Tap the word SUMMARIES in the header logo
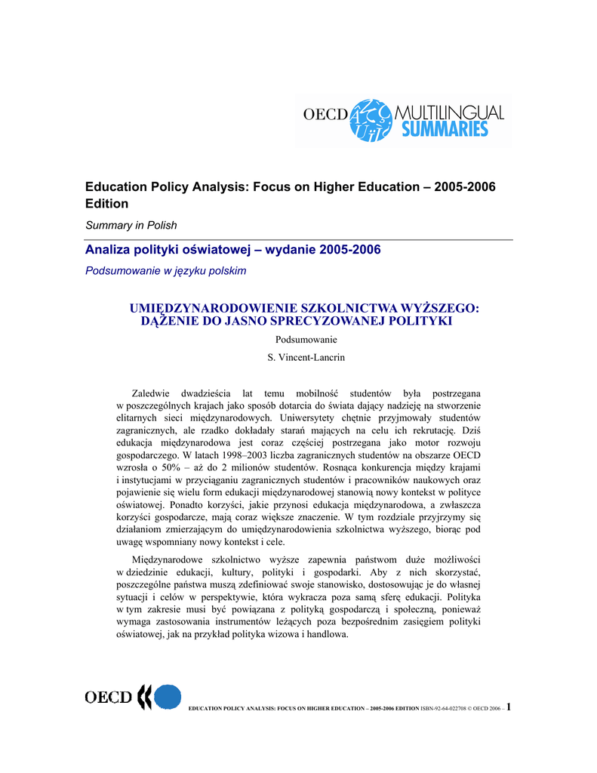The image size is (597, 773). coord(445,129)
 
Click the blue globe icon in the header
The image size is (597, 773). coord(373,119)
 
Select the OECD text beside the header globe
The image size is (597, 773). coord(325,115)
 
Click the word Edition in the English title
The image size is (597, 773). coord(106,204)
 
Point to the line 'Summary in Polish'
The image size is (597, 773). coord(131,225)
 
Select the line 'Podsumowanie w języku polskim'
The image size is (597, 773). coord(165,270)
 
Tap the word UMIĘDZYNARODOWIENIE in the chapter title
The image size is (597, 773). coord(214,309)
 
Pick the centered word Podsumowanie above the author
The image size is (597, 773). coord(306,340)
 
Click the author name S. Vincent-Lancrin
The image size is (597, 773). coord(306,358)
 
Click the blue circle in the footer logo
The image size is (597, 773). coord(168,697)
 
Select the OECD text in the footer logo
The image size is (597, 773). coord(109,698)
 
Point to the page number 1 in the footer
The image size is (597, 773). coord(510,707)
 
